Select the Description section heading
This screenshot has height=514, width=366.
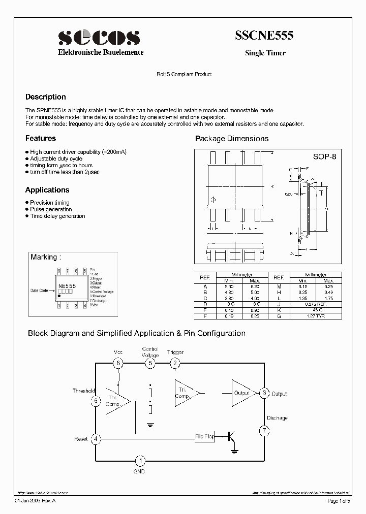click(46, 97)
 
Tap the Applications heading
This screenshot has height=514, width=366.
click(47, 190)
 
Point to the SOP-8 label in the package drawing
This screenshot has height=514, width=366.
click(324, 157)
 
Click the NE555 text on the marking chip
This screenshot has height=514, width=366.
click(67, 286)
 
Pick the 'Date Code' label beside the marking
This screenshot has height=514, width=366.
click(39, 291)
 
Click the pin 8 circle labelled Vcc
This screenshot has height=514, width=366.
click(118, 363)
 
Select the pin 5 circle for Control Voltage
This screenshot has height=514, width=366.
click(150, 363)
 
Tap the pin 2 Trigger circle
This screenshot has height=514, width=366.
click(175, 363)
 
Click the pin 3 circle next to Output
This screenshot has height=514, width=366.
click(264, 393)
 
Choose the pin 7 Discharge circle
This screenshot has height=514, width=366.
click(264, 431)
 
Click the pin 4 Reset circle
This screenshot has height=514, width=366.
click(96, 439)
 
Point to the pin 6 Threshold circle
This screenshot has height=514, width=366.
click(96, 401)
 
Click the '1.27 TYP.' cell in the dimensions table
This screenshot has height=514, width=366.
click(317, 316)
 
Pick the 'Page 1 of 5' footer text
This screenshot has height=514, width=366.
click(339, 501)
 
